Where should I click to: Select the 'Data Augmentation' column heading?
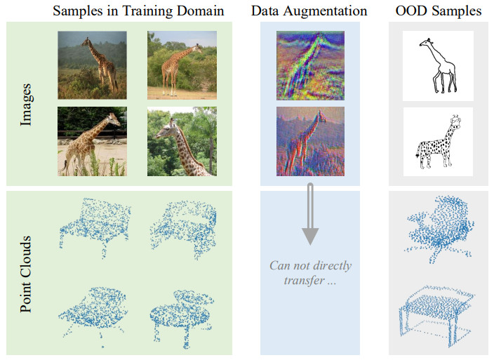[x=309, y=11]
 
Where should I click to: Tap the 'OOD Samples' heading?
[x=438, y=11]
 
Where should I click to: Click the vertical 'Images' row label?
[x=27, y=105]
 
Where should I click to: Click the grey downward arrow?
[x=309, y=215]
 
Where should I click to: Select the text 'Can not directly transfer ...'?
[x=310, y=273]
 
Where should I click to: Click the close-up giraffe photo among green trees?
[x=182, y=141]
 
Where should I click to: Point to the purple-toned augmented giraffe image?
[x=310, y=141]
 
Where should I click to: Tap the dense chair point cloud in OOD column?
[x=438, y=226]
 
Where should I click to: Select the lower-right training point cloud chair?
[x=184, y=309]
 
